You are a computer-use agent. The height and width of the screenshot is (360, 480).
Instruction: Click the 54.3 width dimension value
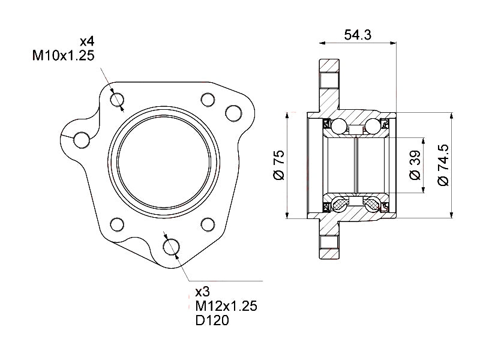[x=358, y=35]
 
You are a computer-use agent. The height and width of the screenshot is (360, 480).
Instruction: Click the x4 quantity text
[x=88, y=42]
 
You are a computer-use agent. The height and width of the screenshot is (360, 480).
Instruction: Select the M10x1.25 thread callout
[x=63, y=56]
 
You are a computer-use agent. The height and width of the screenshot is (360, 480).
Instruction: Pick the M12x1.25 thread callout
[x=226, y=306]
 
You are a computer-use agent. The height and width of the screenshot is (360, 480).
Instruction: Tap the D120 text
[x=212, y=320]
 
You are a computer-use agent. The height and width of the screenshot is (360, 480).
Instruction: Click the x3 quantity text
[x=202, y=292]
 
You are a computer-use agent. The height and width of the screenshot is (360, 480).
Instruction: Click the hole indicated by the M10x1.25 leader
[x=118, y=99]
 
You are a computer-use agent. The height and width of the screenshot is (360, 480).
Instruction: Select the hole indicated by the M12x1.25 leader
[x=172, y=245]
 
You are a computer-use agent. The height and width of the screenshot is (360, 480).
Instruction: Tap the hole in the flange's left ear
[x=81, y=139]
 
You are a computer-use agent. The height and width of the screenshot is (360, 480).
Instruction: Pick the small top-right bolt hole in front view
[x=208, y=99]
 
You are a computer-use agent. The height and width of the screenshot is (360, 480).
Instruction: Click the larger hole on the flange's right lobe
[x=232, y=112]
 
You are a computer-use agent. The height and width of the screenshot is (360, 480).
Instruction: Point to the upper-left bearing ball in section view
[x=340, y=126]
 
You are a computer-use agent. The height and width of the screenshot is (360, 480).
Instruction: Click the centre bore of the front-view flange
[x=163, y=162]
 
